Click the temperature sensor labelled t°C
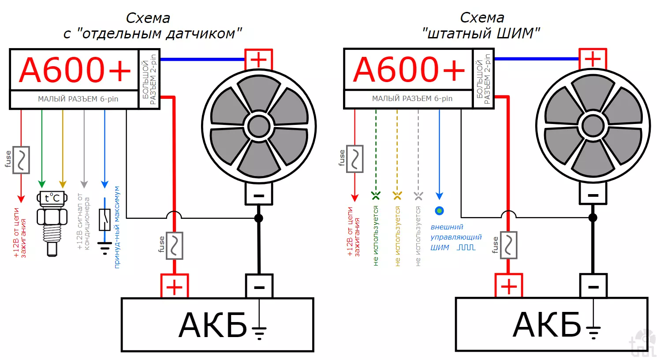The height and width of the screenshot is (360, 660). tap(52, 222)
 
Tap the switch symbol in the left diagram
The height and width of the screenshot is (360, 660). tap(104, 220)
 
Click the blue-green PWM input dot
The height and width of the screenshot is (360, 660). tap(439, 211)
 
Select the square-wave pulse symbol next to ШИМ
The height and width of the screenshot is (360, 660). tap(466, 247)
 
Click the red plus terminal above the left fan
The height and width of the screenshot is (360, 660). tap(259, 59)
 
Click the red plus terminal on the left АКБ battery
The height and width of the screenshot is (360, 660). tap(175, 287)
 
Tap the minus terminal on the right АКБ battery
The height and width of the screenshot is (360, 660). tap(593, 286)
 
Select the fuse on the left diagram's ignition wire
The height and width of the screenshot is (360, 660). tap(21, 160)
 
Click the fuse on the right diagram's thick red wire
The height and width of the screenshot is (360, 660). tap(509, 245)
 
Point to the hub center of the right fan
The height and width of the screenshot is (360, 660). tap(593, 126)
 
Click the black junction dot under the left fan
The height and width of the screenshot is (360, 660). tap(259, 218)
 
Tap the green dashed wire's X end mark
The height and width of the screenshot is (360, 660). tap(376, 195)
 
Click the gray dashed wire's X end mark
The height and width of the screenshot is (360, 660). tap(418, 195)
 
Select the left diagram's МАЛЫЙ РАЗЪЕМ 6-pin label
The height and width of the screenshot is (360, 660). tap(78, 99)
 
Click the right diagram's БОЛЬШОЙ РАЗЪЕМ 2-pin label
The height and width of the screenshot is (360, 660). tap(483, 79)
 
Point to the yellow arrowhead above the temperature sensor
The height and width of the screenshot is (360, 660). tap(63, 184)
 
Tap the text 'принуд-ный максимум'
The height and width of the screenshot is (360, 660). tap(117, 227)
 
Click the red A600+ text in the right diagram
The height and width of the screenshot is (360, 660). tap(409, 70)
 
